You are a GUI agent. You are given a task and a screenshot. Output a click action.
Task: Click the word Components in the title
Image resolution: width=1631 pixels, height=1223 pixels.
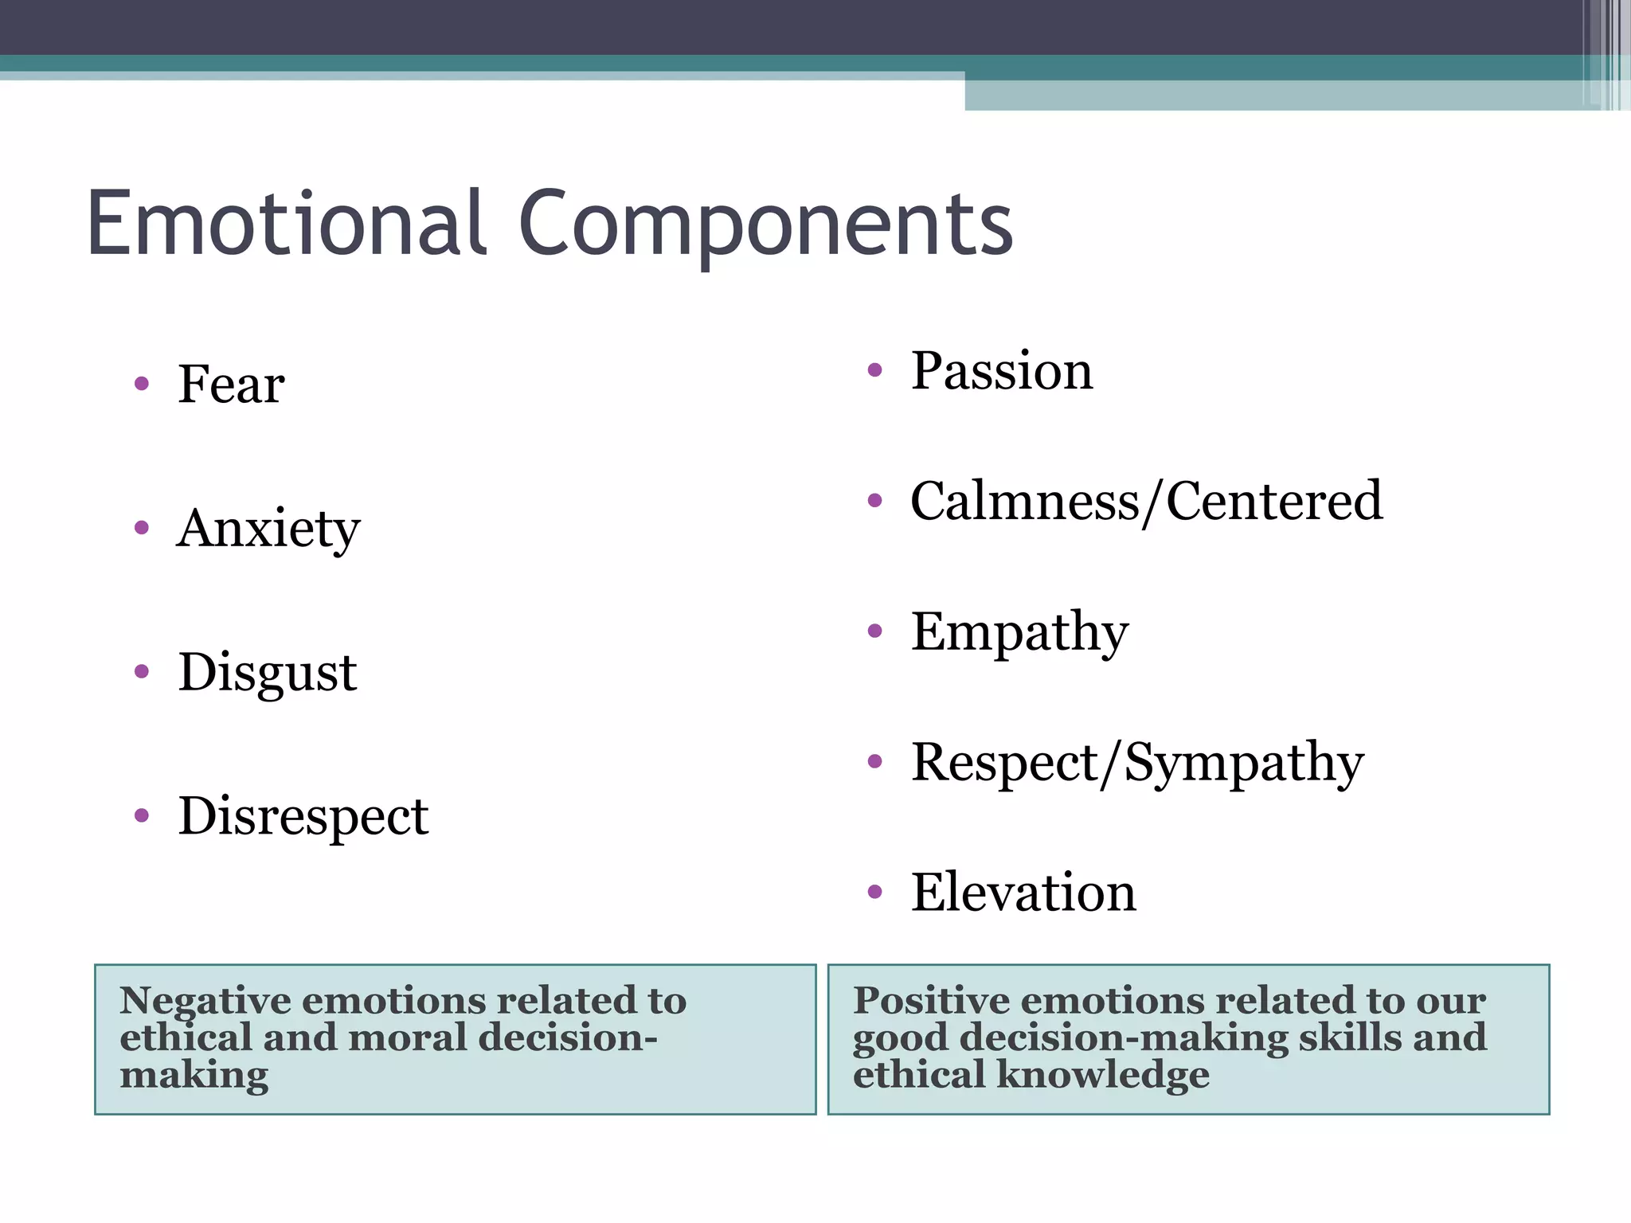(766, 225)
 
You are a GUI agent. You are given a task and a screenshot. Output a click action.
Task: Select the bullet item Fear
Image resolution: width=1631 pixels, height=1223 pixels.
(231, 385)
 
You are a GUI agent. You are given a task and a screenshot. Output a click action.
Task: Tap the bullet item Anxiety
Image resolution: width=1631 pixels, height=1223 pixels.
(269, 529)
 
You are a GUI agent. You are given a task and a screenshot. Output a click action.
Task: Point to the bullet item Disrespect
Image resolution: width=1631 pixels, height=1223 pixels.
(303, 816)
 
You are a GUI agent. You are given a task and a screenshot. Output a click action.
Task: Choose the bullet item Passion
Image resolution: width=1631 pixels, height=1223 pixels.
(1002, 371)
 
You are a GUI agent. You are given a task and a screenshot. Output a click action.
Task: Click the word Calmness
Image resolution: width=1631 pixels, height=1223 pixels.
(1025, 502)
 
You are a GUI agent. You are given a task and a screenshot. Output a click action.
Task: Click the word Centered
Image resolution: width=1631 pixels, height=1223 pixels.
(1274, 502)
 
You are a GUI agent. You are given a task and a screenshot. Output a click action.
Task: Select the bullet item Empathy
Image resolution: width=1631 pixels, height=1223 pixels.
(1019, 632)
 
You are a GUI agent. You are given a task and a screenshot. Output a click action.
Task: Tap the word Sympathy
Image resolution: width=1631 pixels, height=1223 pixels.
(1244, 763)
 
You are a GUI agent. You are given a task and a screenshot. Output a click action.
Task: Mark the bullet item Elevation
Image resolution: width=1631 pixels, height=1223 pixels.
(1023, 893)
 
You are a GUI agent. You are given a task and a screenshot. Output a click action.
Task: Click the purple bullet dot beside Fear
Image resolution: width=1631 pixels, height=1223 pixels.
(142, 385)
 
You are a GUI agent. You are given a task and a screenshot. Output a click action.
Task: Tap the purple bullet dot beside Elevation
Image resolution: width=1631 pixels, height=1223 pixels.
(875, 892)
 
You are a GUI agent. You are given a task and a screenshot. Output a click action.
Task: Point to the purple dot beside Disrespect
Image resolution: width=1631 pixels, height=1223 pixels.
(142, 815)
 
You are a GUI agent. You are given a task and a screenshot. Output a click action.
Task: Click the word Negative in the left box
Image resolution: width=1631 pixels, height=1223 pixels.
(205, 1001)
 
